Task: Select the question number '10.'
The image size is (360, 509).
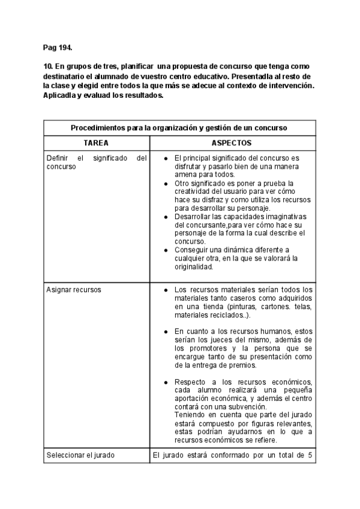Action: pos(48,65)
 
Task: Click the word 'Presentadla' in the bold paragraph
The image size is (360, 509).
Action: pos(236,76)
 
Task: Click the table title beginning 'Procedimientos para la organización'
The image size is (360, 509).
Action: pos(179,128)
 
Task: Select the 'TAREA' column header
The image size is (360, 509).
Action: pos(96,143)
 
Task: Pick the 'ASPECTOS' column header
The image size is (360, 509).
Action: pos(232,143)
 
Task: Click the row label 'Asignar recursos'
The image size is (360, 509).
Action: pos(74,289)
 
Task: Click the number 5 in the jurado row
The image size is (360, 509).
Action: pos(310,454)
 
